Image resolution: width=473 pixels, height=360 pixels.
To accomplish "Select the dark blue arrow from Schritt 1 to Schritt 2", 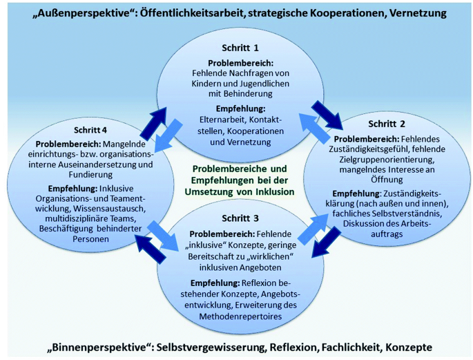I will point(326,113).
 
